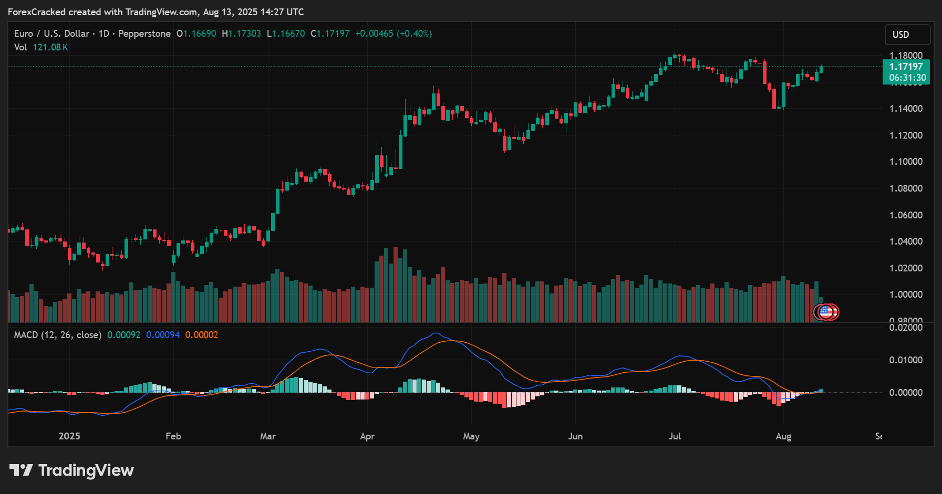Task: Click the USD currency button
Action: click(x=907, y=35)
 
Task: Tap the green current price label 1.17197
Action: click(x=906, y=67)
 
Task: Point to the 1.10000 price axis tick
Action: click(x=906, y=162)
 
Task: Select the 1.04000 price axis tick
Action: click(x=906, y=241)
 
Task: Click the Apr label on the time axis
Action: click(x=367, y=436)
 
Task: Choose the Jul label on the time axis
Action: click(x=675, y=436)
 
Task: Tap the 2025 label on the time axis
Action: click(x=69, y=436)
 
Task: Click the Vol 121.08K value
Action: click(x=50, y=47)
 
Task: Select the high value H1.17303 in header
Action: click(x=241, y=34)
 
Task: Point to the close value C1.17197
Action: click(x=330, y=34)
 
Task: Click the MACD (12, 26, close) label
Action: click(x=57, y=335)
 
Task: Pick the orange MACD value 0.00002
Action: click(x=201, y=335)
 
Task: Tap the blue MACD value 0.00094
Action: click(x=163, y=335)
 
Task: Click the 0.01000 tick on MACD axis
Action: click(x=906, y=360)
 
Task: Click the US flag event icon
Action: click(x=826, y=312)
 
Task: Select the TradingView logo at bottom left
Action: click(x=71, y=470)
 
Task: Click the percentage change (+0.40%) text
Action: click(x=414, y=34)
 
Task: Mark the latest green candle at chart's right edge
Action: click(x=821, y=69)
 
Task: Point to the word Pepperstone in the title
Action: click(x=144, y=34)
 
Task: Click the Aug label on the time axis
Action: click(x=783, y=436)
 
